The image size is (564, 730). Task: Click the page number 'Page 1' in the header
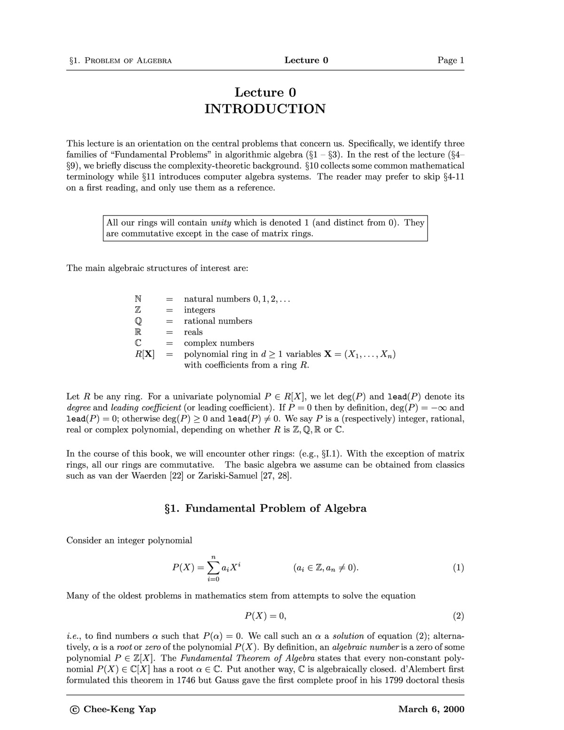[x=450, y=60]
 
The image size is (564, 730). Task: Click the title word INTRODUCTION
[x=265, y=109]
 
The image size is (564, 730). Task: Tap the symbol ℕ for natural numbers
[x=138, y=299]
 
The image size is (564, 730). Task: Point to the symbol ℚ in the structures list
[x=138, y=321]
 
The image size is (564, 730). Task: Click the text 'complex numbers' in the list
[x=219, y=343]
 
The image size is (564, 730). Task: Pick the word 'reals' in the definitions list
[x=193, y=332]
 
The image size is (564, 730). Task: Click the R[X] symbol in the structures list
[x=145, y=354]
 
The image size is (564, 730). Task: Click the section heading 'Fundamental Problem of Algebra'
[x=276, y=508]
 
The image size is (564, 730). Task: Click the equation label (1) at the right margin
[x=458, y=567]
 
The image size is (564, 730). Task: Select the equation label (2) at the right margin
[x=458, y=616]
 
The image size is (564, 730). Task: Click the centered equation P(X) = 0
[x=265, y=616]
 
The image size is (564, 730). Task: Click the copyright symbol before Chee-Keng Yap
[x=74, y=710]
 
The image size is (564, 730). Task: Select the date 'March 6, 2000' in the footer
[x=431, y=709]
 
